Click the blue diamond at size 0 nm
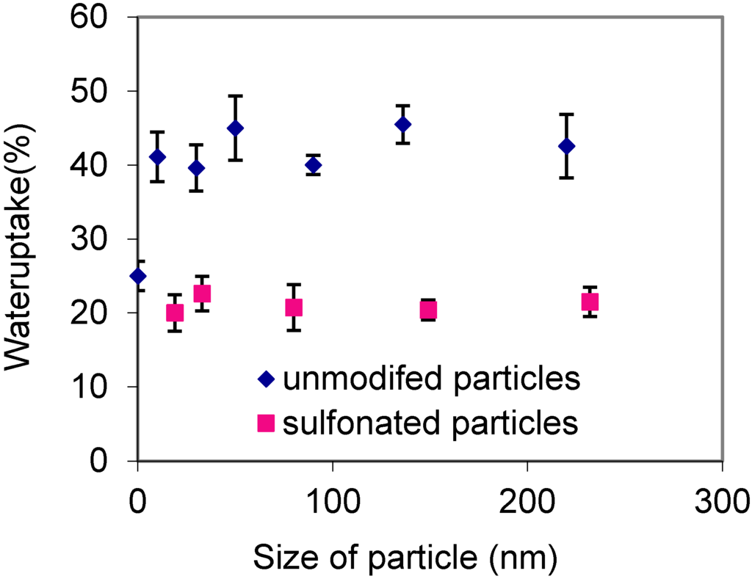tap(137, 276)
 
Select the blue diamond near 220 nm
tap(566, 146)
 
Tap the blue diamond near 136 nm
tap(402, 124)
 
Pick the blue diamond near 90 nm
tap(314, 165)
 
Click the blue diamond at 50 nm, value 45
tap(235, 128)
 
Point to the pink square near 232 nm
tap(590, 302)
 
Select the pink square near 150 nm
tap(429, 310)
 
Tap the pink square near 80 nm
tap(294, 307)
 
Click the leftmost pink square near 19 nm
tap(175, 313)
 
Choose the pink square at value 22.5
tap(202, 294)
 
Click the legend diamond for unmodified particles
tap(266, 379)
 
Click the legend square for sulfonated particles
tap(266, 423)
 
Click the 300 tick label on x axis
tap(723, 503)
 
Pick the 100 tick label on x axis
tap(333, 503)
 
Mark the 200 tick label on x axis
tap(528, 503)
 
